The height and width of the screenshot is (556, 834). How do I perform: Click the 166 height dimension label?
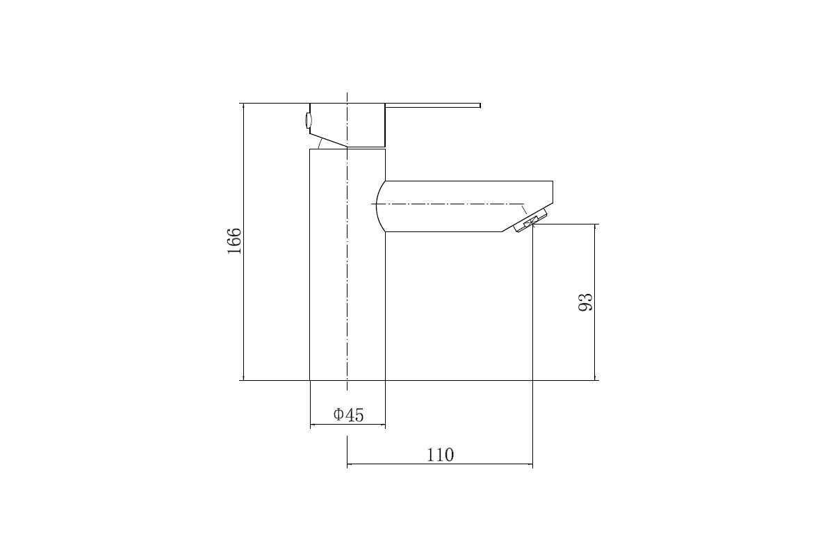[x=234, y=241]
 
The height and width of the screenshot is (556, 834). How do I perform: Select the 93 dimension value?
[x=585, y=302]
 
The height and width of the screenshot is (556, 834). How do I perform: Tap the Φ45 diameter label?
[x=348, y=415]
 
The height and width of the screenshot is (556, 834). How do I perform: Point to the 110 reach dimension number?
[x=440, y=455]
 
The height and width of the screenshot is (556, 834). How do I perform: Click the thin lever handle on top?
[x=432, y=106]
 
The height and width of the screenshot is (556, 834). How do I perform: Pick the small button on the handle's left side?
[x=307, y=121]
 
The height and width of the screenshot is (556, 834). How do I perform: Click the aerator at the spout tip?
[x=530, y=221]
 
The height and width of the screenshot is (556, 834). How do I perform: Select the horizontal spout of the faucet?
[x=465, y=206]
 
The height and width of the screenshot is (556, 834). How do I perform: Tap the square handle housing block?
[x=347, y=125]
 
